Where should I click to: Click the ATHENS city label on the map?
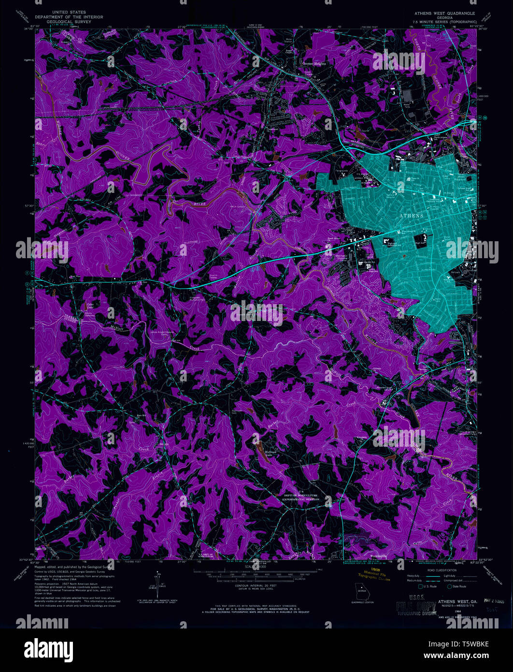tap(411, 216)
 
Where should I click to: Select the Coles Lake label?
tap(90, 306)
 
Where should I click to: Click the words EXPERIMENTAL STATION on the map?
tap(301, 500)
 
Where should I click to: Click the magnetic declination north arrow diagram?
tap(158, 582)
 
